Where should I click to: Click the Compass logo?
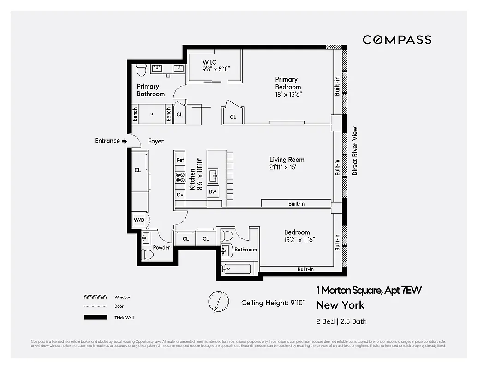pyautogui.click(x=397, y=40)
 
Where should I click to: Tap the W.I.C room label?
pyautogui.click(x=209, y=62)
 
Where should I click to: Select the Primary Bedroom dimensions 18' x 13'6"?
pyautogui.click(x=288, y=94)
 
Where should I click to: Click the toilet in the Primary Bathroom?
pyautogui.click(x=141, y=71)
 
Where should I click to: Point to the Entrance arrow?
pyautogui.click(x=124, y=141)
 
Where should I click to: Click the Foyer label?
pyautogui.click(x=156, y=142)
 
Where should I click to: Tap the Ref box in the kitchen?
pyautogui.click(x=180, y=160)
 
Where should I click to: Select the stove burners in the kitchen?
pyautogui.click(x=180, y=177)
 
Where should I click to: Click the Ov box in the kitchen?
pyautogui.click(x=180, y=195)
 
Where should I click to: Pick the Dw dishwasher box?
pyautogui.click(x=213, y=191)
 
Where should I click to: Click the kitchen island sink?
pyautogui.click(x=213, y=176)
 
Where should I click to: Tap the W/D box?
pyautogui.click(x=139, y=220)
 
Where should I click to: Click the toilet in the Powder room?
pyautogui.click(x=147, y=254)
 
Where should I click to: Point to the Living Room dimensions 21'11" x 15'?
pyautogui.click(x=287, y=167)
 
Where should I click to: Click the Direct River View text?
pyautogui.click(x=355, y=151)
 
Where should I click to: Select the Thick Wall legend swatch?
pyautogui.click(x=95, y=317)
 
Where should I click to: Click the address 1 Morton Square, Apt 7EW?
pyautogui.click(x=369, y=291)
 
